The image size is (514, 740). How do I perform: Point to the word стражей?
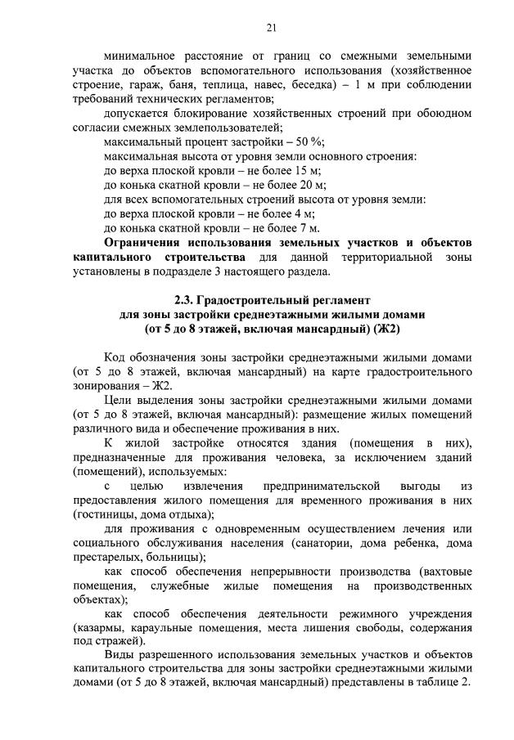click(117, 643)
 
